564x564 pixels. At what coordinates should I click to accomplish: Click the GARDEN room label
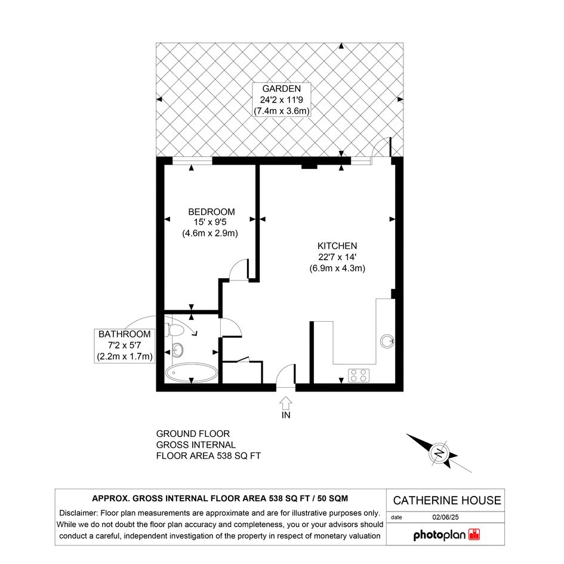tap(281, 88)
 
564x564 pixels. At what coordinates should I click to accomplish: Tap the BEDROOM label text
tap(211, 212)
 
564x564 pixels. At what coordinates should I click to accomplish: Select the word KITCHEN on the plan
tap(337, 246)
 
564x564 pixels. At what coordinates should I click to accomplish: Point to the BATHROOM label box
tap(125, 346)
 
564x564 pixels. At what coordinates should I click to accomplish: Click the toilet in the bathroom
tap(174, 329)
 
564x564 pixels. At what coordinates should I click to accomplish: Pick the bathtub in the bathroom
tap(192, 372)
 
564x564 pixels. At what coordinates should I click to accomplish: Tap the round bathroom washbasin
tap(178, 349)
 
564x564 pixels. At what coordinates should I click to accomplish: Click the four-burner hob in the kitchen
tap(359, 375)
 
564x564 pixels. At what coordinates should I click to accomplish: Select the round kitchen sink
tap(387, 341)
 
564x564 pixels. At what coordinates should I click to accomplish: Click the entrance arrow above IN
tap(286, 403)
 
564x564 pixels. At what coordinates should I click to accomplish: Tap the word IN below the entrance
tap(286, 415)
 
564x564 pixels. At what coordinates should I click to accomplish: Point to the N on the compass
tap(439, 452)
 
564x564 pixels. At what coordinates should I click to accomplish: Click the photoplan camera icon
tap(474, 535)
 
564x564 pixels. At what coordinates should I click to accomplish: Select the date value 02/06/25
tap(445, 517)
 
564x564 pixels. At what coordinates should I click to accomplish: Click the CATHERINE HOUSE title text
tap(447, 500)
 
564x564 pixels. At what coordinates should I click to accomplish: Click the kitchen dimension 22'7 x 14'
tap(337, 257)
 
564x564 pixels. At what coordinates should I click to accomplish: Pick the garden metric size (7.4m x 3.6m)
tap(281, 111)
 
